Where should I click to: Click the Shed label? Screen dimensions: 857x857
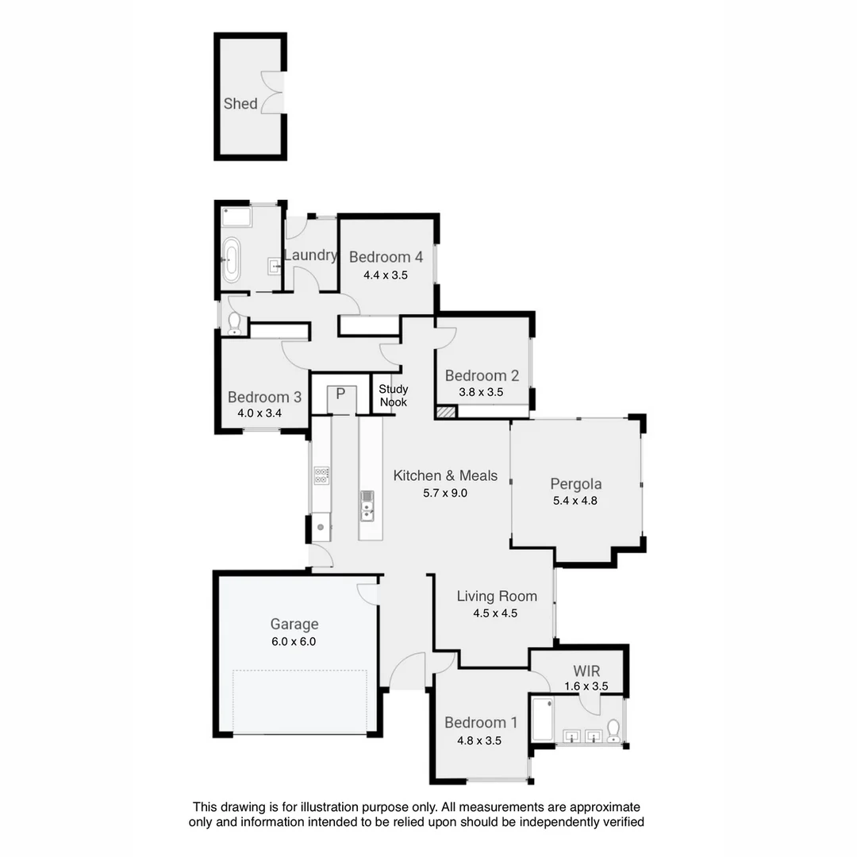pyautogui.click(x=240, y=104)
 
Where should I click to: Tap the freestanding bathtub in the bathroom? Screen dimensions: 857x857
pyautogui.click(x=231, y=259)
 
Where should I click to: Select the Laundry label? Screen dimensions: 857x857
pyautogui.click(x=310, y=256)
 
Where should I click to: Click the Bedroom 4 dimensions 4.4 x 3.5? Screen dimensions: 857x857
pyautogui.click(x=385, y=275)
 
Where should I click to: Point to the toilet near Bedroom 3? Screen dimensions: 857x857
pyautogui.click(x=234, y=321)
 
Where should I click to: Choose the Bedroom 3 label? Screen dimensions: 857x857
pyautogui.click(x=264, y=398)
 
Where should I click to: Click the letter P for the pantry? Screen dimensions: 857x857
pyautogui.click(x=340, y=394)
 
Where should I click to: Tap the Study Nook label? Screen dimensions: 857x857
pyautogui.click(x=393, y=395)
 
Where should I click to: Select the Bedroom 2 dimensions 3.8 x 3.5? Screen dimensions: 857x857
pyautogui.click(x=482, y=392)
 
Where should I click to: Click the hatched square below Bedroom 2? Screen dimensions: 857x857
pyautogui.click(x=446, y=412)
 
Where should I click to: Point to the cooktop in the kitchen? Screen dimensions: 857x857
pyautogui.click(x=321, y=475)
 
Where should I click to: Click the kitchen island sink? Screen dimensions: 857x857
pyautogui.click(x=367, y=505)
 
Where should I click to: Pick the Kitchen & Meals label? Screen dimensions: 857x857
pyautogui.click(x=445, y=475)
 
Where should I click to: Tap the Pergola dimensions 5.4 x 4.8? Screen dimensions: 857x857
pyautogui.click(x=575, y=501)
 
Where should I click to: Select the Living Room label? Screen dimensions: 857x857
pyautogui.click(x=497, y=596)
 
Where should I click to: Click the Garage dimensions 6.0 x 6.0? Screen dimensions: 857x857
pyautogui.click(x=294, y=642)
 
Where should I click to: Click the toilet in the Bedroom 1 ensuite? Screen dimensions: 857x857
pyautogui.click(x=613, y=730)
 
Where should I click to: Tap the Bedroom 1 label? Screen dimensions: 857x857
pyautogui.click(x=481, y=722)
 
